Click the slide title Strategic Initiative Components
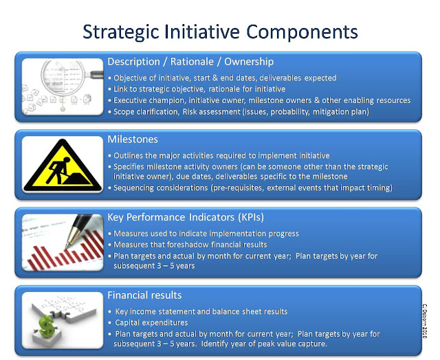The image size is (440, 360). point(220,32)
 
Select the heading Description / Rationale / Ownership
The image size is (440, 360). point(190,62)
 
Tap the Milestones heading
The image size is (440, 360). point(133,139)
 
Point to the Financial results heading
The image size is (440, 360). point(144,295)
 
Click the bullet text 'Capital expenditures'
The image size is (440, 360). point(149,322)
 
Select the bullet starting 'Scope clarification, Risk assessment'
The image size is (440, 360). point(241,111)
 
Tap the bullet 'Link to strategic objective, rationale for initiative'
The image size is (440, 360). point(199,89)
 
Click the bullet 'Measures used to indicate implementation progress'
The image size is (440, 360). point(206,234)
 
